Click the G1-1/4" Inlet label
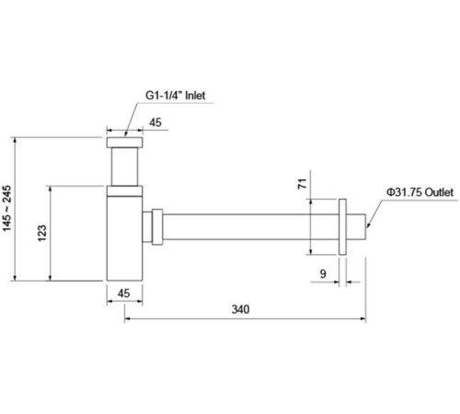(175, 96)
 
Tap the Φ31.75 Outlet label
(420, 192)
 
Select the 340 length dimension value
(240, 309)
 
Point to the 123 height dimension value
(42, 233)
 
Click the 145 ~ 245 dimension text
(6, 208)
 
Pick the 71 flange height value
(303, 183)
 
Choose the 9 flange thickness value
(323, 273)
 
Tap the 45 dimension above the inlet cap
(155, 122)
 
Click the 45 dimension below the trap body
(123, 293)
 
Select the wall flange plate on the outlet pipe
(342, 227)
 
